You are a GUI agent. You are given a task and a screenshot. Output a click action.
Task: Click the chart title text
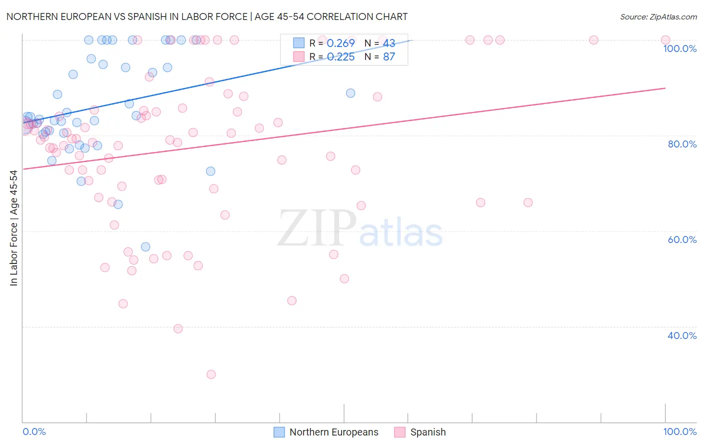(207, 16)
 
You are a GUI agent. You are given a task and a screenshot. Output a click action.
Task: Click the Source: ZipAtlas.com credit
(658, 17)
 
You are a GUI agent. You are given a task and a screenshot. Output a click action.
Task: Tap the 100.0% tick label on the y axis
(679, 48)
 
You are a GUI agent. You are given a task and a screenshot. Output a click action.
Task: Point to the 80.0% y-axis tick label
(682, 144)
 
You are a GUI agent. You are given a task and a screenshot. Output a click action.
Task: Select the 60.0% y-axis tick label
(682, 239)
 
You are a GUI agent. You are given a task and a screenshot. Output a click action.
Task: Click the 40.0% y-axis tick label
(682, 335)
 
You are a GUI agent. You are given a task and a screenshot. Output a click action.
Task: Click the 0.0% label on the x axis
(34, 431)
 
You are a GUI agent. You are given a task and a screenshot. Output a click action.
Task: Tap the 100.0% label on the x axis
(679, 431)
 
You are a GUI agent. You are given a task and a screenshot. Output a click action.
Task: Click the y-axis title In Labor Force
(14, 228)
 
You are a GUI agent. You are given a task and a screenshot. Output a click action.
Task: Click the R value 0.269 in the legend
(340, 43)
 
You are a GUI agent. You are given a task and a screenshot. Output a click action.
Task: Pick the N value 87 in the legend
(389, 57)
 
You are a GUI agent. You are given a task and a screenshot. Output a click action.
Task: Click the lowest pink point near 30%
(211, 374)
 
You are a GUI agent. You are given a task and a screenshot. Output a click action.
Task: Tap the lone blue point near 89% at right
(350, 93)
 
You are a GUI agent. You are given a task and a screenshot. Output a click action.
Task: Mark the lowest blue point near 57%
(145, 247)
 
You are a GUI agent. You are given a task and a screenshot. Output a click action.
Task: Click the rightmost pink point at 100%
(665, 40)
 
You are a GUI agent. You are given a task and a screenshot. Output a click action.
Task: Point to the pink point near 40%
(178, 329)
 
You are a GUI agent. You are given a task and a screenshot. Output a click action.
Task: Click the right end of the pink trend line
(665, 88)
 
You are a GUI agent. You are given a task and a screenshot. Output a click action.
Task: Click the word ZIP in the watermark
(316, 229)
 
